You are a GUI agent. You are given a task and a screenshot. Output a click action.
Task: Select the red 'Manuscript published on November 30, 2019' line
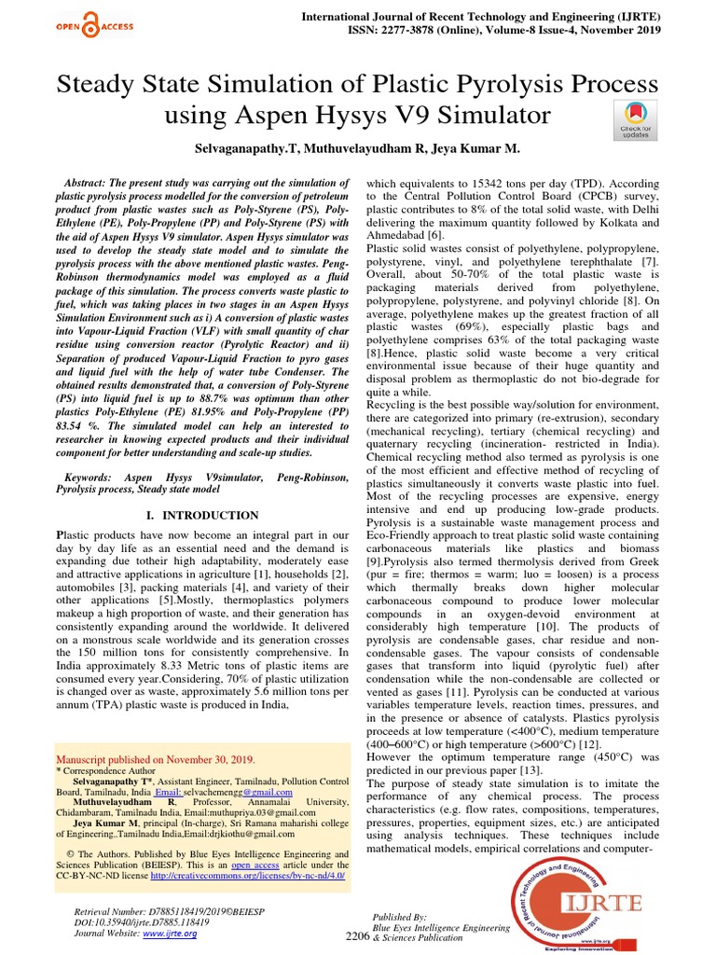point(155,759)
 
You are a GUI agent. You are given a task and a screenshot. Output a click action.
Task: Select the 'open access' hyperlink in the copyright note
point(256,865)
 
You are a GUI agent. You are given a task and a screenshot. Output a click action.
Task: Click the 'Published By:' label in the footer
point(399,917)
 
